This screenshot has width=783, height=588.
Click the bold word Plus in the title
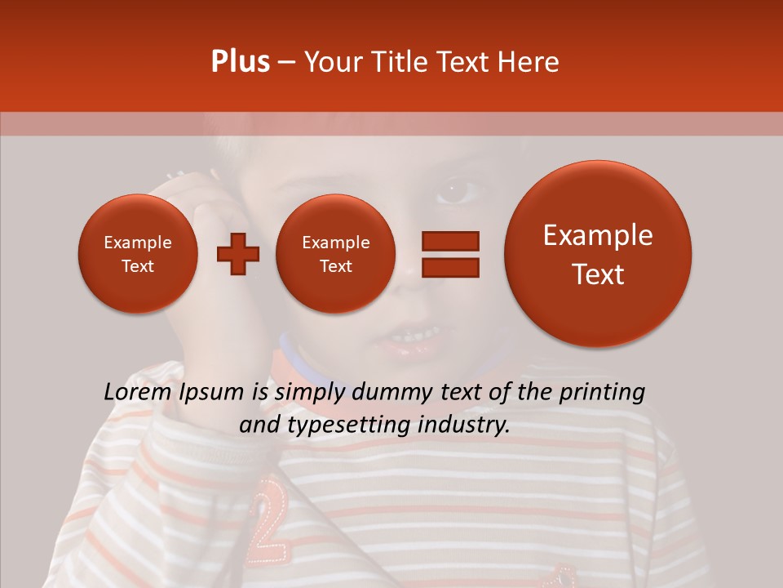240,62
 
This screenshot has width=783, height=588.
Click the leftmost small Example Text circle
137,254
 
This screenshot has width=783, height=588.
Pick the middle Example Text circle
335,254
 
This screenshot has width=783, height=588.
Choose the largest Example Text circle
598,254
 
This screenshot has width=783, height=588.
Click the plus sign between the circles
237,254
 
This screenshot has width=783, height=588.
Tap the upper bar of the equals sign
449,240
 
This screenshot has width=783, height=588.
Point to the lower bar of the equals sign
449,267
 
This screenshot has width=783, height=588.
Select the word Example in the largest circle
598,235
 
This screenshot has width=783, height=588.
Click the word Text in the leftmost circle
137,266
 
